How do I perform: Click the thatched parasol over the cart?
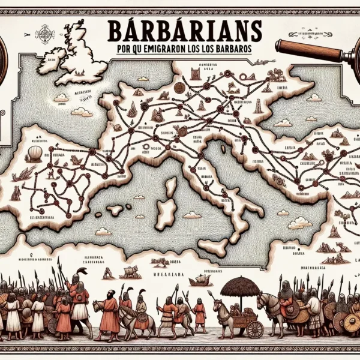[240, 286]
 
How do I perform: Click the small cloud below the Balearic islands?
[103, 231]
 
